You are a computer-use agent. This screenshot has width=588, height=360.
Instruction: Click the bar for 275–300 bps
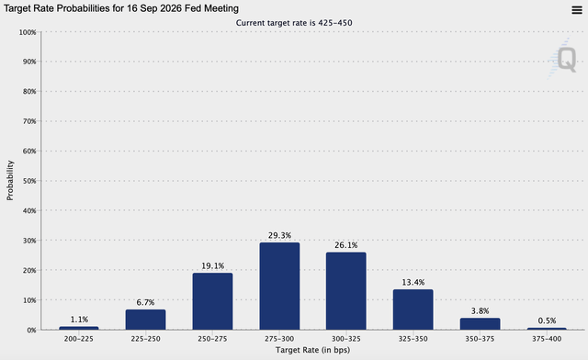[279, 286]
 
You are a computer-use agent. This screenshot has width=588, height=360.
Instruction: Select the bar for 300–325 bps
[345, 290]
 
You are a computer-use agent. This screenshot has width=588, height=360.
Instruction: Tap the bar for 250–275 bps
[212, 301]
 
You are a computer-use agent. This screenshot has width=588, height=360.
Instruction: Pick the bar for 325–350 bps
[413, 309]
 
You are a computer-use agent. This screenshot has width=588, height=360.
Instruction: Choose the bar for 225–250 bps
[145, 320]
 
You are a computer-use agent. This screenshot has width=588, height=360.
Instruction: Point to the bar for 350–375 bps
[480, 324]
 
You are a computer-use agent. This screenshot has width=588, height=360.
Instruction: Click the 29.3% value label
[279, 235]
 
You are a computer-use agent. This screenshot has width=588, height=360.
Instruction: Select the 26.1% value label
[345, 245]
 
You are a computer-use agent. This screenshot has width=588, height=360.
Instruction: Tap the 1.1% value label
[79, 319]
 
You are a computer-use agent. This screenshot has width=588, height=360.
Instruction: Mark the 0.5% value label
[547, 320]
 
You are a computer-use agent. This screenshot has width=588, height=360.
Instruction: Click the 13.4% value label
[413, 282]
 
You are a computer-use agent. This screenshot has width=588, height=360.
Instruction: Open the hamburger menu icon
[575, 9]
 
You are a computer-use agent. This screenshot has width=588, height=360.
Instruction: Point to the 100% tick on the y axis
[26, 32]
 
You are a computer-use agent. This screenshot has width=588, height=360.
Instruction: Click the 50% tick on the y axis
[28, 181]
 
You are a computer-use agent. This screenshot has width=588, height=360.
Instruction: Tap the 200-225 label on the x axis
[79, 339]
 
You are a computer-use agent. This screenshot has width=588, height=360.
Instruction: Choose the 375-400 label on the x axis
[547, 339]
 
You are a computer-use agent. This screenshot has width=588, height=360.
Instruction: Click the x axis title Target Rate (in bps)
[312, 351]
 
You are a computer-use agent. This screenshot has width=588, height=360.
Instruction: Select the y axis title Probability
[10, 181]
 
